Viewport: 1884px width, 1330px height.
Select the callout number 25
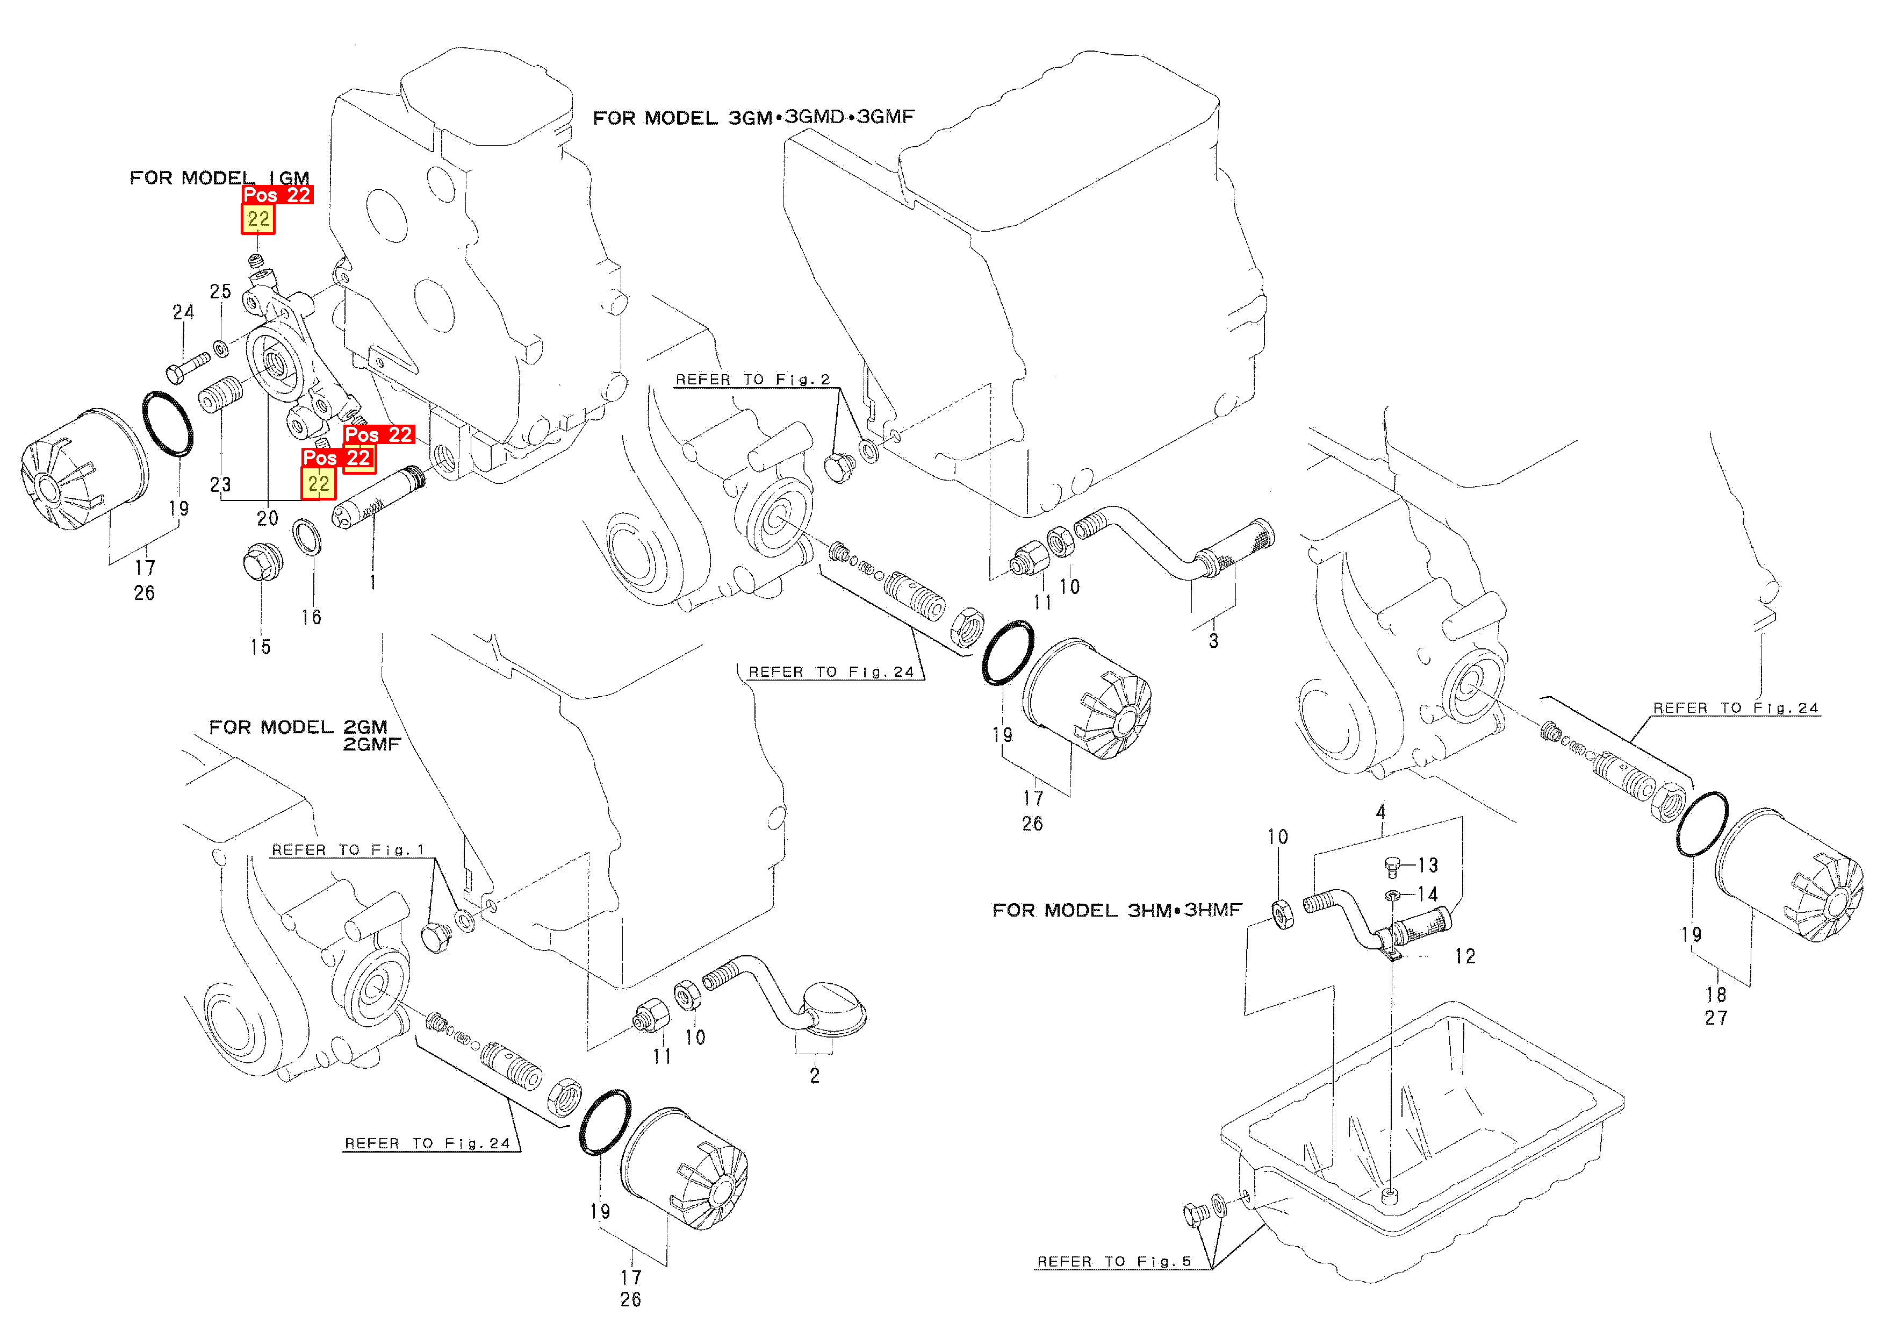pyautogui.click(x=220, y=291)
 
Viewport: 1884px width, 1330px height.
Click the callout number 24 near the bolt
pyautogui.click(x=183, y=312)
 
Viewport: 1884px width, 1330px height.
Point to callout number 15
pyautogui.click(x=260, y=647)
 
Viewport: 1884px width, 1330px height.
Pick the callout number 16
pyautogui.click(x=311, y=617)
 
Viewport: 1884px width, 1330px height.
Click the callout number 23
pyautogui.click(x=220, y=484)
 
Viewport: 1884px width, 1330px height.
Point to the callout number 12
pyautogui.click(x=1465, y=956)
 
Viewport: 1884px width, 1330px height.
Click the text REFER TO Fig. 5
pyautogui.click(x=1113, y=1261)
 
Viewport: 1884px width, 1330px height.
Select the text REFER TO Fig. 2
pyautogui.click(x=752, y=380)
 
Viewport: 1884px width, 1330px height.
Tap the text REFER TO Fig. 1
pyautogui.click(x=348, y=850)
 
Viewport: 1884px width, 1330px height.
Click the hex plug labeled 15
pyautogui.click(x=263, y=562)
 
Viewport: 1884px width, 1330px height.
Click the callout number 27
pyautogui.click(x=1716, y=1018)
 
